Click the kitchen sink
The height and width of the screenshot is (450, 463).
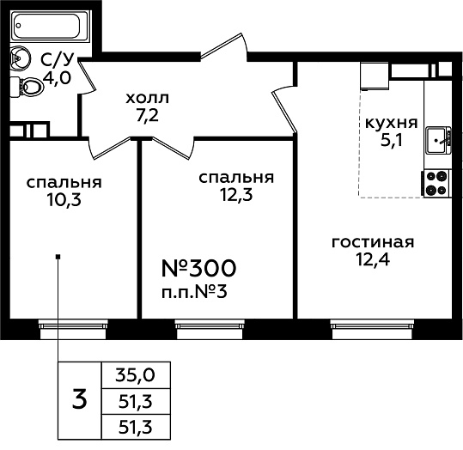[438, 141]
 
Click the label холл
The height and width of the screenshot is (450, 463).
[148, 98]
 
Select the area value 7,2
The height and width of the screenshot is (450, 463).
[148, 115]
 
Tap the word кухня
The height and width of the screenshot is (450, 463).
[392, 123]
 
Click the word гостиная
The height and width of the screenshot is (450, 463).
[373, 242]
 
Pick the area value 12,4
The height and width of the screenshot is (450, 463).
[373, 260]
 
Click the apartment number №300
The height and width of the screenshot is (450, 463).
[199, 269]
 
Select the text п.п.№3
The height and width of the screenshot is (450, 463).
[194, 292]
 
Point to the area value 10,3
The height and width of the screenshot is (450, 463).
[64, 200]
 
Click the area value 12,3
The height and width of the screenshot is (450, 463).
[236, 195]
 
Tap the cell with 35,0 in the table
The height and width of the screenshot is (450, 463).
[136, 375]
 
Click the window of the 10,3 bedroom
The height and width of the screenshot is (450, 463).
[73, 329]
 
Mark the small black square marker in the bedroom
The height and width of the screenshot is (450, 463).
[58, 256]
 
